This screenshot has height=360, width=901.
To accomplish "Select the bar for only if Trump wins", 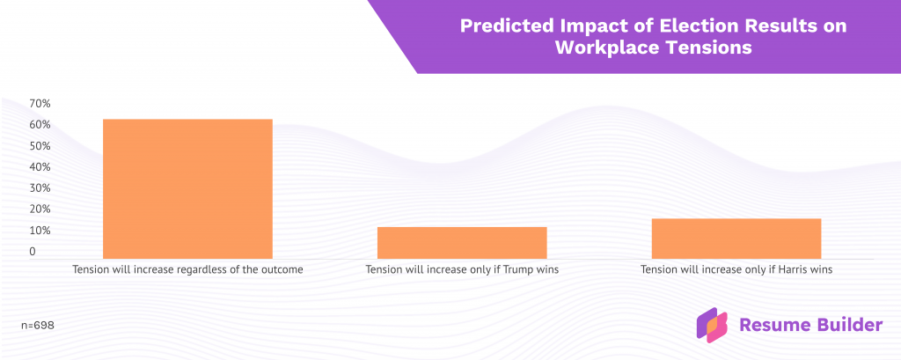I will pos(462,242).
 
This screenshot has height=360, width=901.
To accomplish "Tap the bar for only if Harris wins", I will pos(736,238).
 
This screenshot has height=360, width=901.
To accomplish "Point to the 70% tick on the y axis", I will pos(40,104).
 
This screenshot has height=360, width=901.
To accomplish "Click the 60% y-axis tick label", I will pos(40,125).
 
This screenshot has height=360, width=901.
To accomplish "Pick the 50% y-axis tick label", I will pos(40,146).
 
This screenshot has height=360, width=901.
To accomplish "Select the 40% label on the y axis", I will pos(40,167).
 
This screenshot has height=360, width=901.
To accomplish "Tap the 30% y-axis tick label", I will pos(40,188).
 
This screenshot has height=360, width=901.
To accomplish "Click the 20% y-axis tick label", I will pos(40,209).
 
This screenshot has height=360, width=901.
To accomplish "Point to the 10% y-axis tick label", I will pos(40,231).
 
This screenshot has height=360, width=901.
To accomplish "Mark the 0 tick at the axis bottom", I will pos(33,252).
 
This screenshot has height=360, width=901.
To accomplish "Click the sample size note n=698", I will pos(38,325).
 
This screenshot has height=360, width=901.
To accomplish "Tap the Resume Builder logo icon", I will pos(712,325).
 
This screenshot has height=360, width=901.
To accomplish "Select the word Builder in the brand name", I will pos(846,325).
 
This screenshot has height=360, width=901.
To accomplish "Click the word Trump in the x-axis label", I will pos(517,269).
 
